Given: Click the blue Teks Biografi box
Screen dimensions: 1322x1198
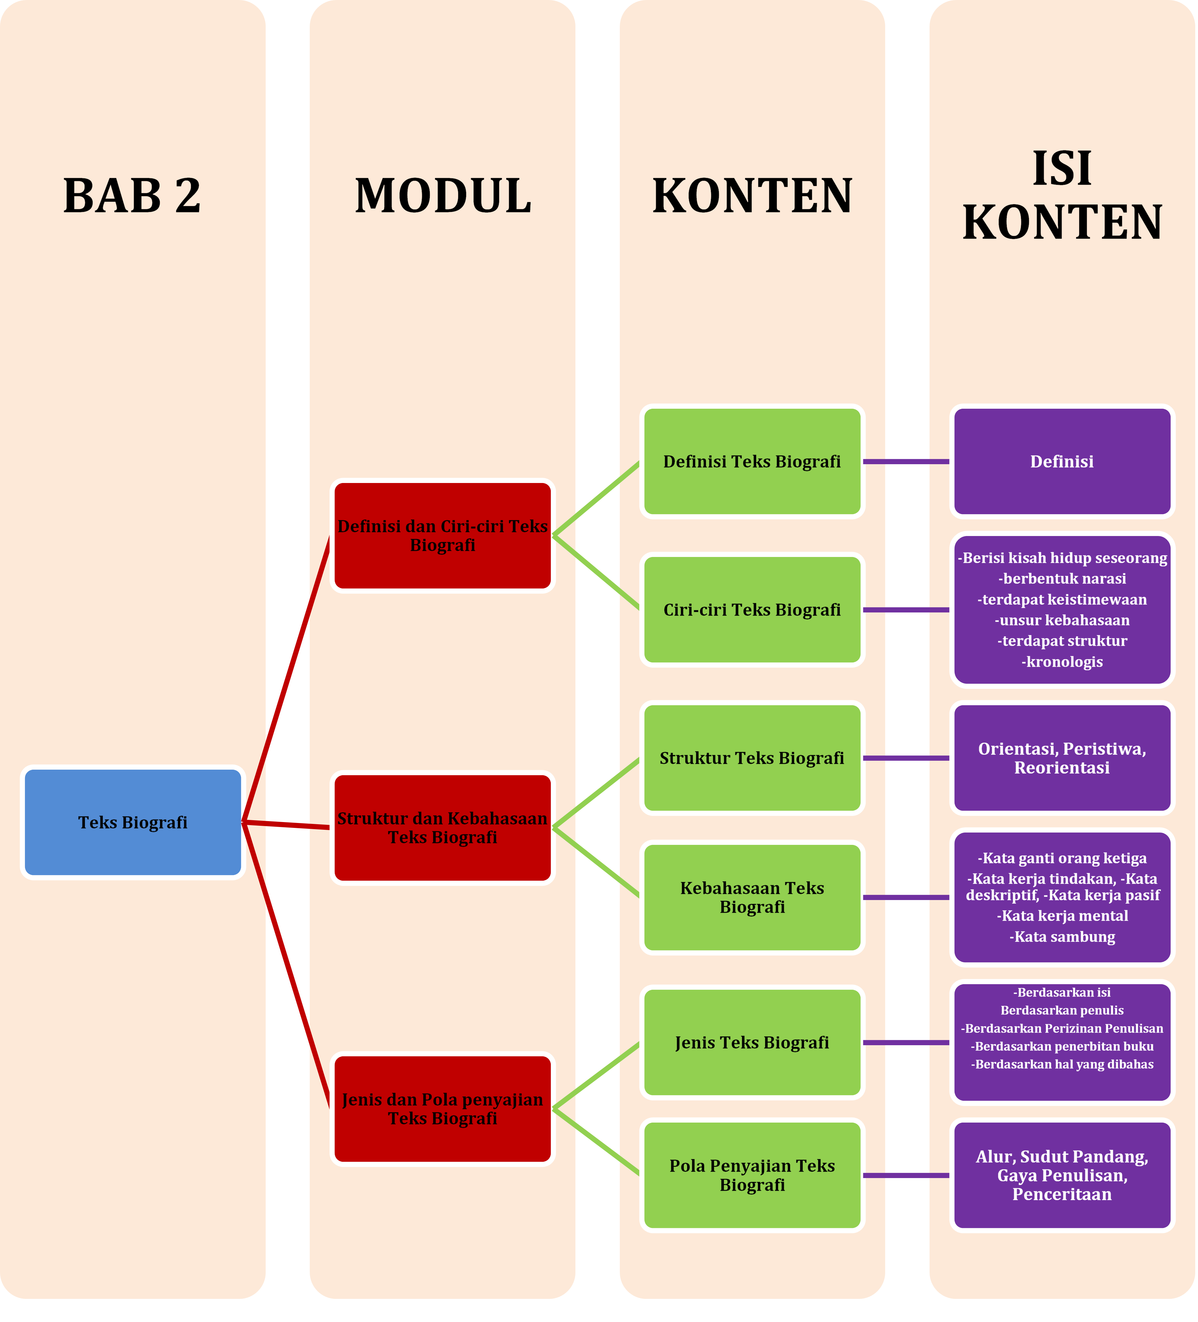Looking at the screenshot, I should pyautogui.click(x=133, y=822).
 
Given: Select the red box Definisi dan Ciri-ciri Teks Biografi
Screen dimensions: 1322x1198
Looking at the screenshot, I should pyautogui.click(x=443, y=536).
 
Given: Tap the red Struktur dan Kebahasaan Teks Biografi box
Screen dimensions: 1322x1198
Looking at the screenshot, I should pyautogui.click(x=443, y=828).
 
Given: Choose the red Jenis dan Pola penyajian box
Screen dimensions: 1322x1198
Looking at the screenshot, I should pyautogui.click(x=443, y=1109).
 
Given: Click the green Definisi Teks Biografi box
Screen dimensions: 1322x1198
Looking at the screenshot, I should pyautogui.click(x=752, y=462).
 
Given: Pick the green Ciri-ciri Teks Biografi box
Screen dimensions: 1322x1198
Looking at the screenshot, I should pyautogui.click(x=752, y=610).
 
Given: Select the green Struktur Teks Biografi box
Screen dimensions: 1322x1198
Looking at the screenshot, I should pyautogui.click(x=752, y=758).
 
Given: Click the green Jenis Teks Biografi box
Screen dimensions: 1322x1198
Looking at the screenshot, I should pyautogui.click(x=752, y=1043).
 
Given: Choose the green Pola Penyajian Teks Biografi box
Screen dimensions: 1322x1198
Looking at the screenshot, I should pyautogui.click(x=752, y=1175).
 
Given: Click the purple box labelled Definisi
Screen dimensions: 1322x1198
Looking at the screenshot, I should pyautogui.click(x=1062, y=462).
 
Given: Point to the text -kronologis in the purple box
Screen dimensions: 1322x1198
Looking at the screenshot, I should pyautogui.click(x=1062, y=662).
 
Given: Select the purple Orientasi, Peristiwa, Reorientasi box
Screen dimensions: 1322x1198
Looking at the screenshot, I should pyautogui.click(x=1062, y=758).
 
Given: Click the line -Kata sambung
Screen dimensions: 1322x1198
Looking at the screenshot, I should pyautogui.click(x=1062, y=936).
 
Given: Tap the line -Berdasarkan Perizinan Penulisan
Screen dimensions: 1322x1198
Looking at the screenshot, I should pyautogui.click(x=1062, y=1028).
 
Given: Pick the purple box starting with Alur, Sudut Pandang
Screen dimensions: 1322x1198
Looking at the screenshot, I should pyautogui.click(x=1062, y=1175).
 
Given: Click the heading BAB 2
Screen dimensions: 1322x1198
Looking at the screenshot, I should pyautogui.click(x=133, y=195).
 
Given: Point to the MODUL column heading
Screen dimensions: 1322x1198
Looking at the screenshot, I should pyautogui.click(x=443, y=195).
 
